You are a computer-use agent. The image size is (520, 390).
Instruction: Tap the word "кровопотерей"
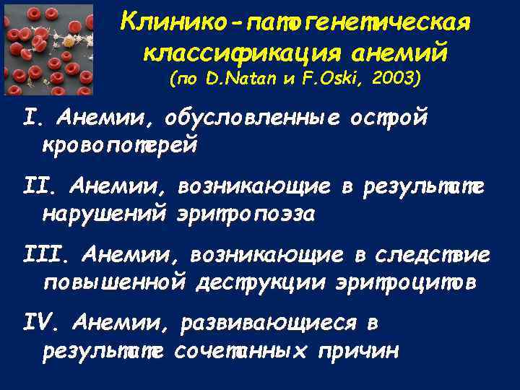click(x=120, y=144)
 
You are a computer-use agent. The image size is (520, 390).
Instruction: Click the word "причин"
click(x=362, y=352)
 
